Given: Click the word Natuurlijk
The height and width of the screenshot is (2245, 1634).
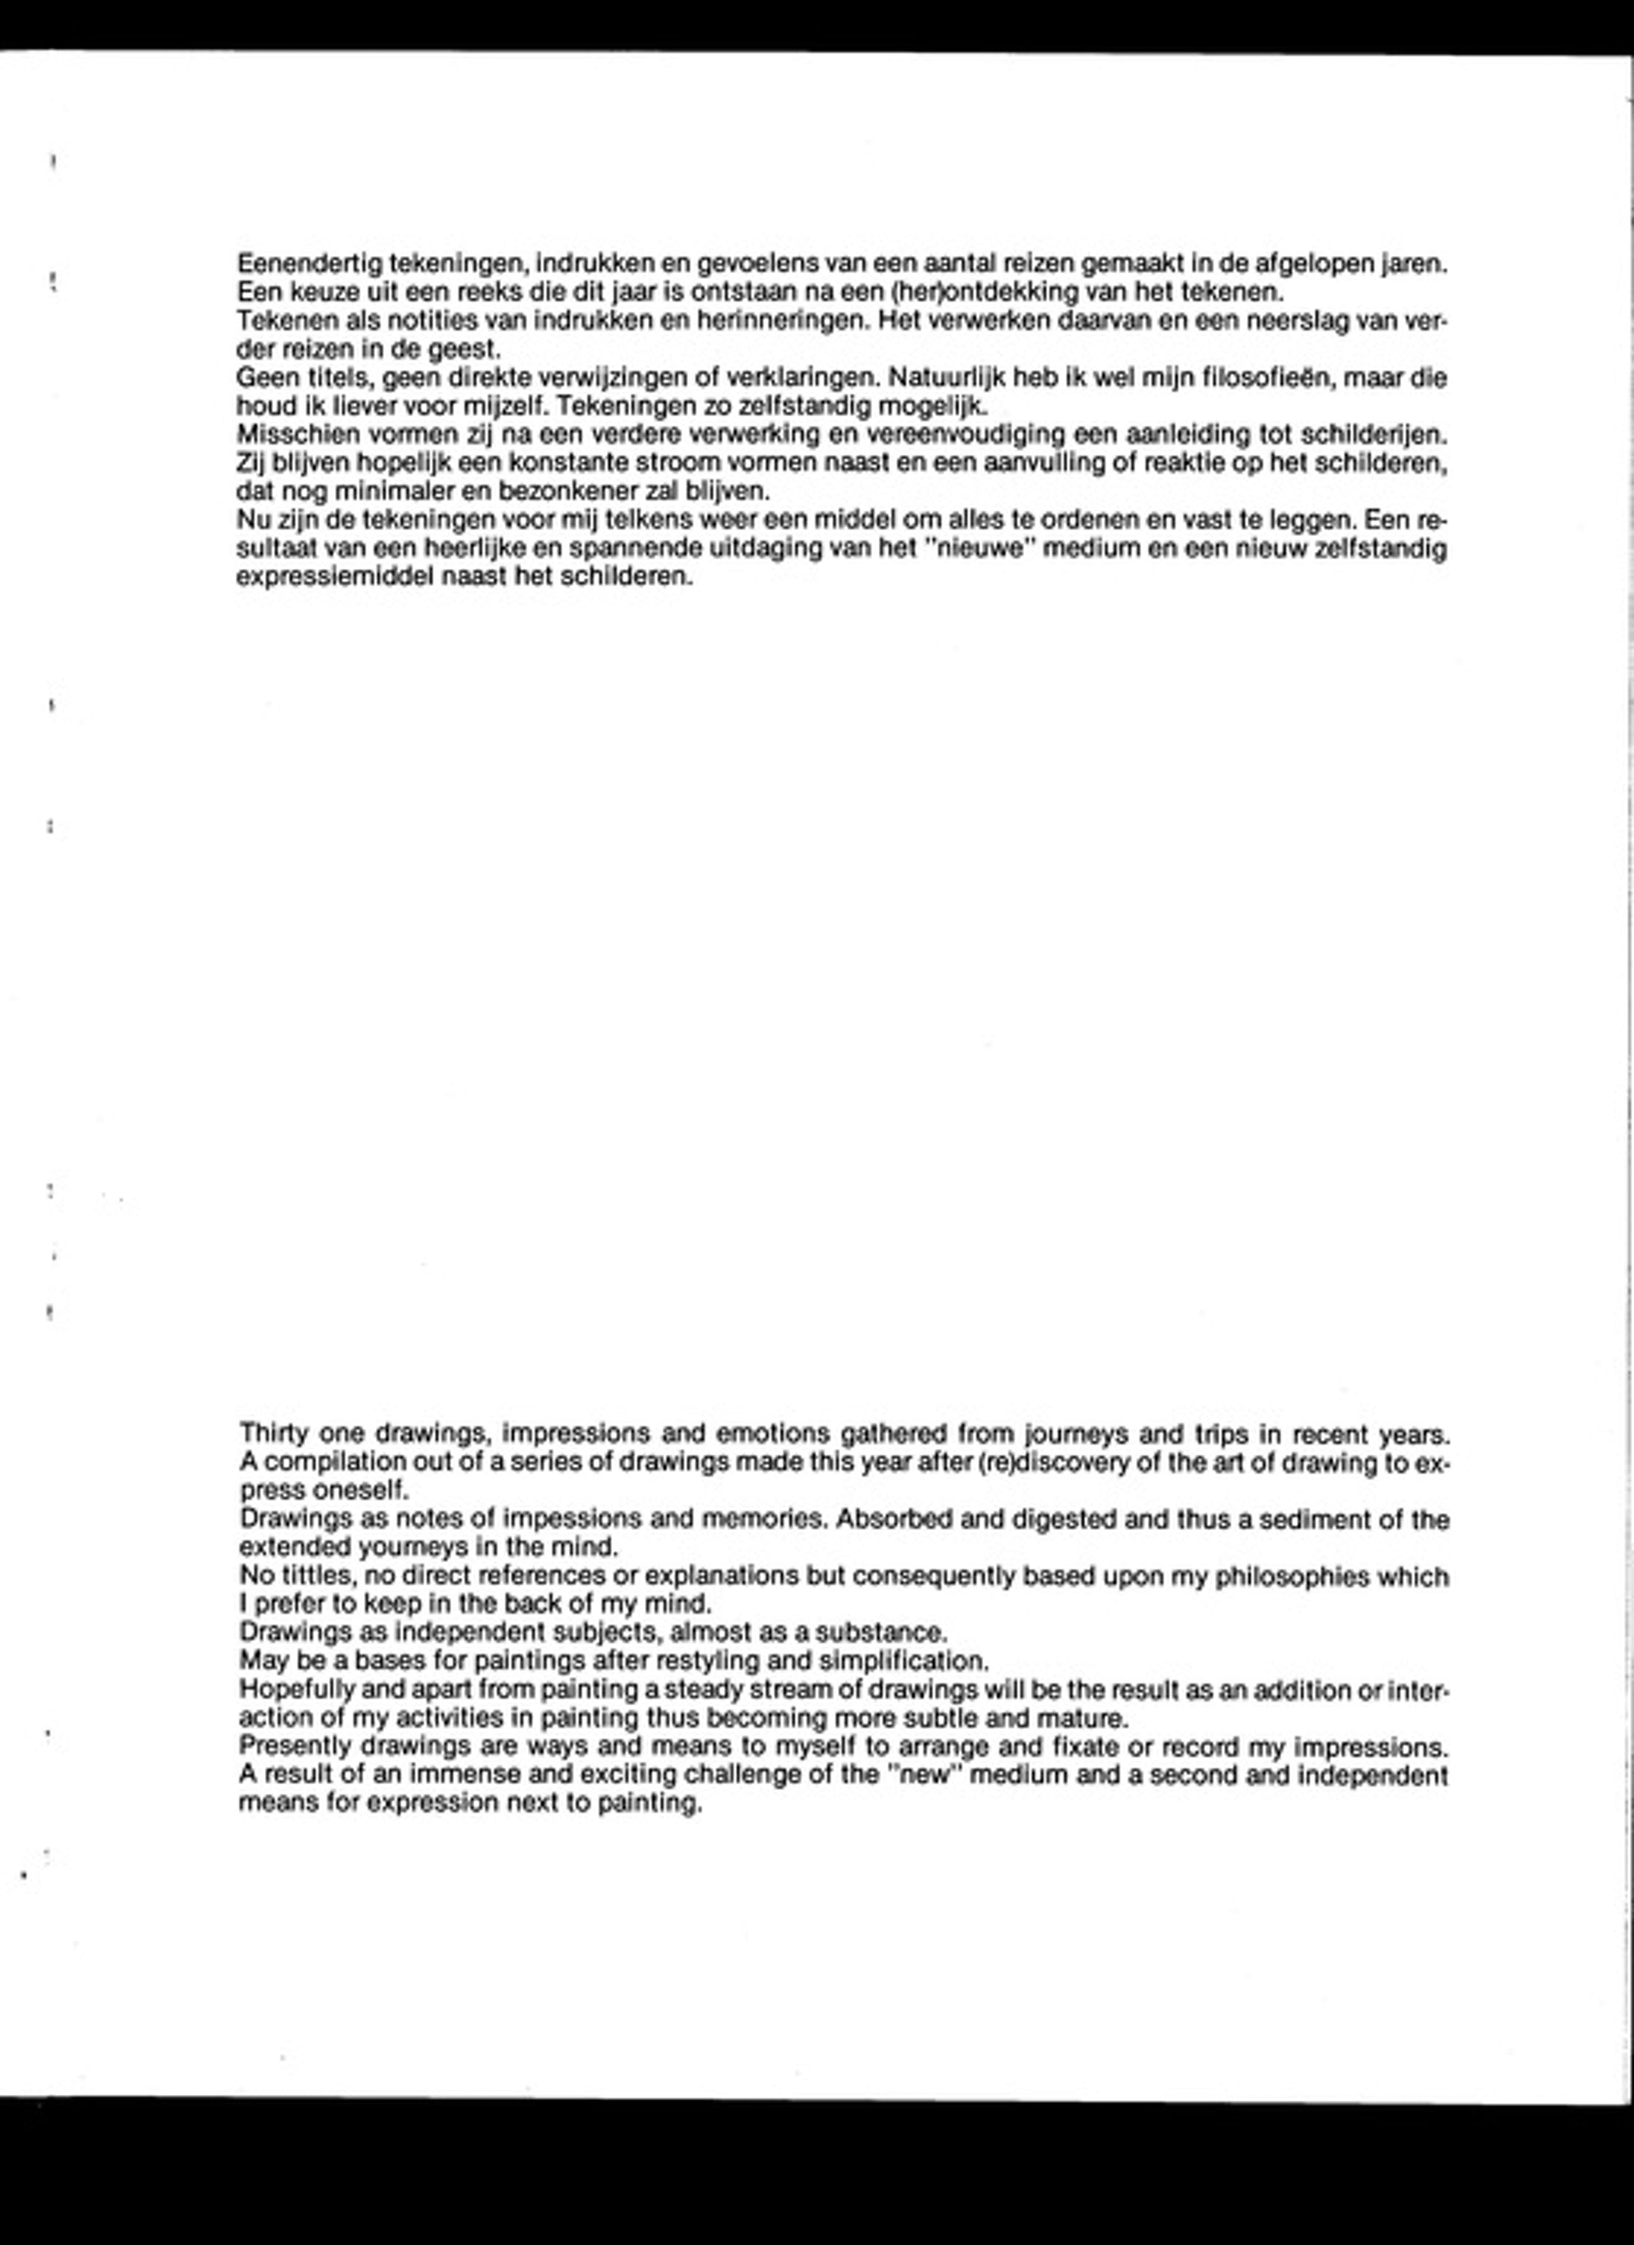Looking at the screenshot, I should coord(945,378).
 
